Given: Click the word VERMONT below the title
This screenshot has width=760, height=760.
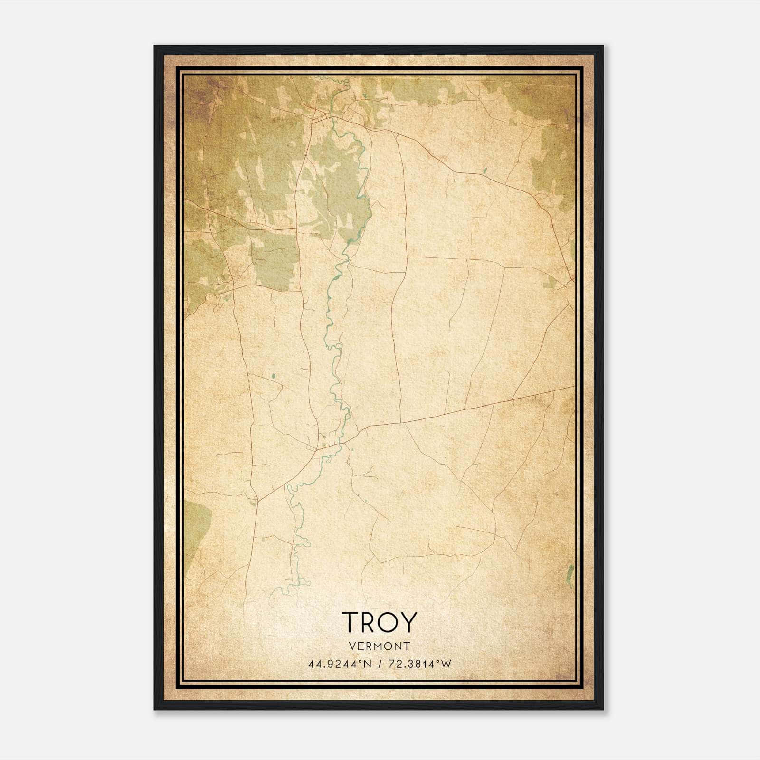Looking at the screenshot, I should [x=379, y=646].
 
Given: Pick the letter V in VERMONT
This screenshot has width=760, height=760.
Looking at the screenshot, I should [x=351, y=646].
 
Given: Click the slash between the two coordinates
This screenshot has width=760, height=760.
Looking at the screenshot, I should [x=380, y=664].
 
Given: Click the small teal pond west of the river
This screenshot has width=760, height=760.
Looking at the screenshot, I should [x=273, y=378].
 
